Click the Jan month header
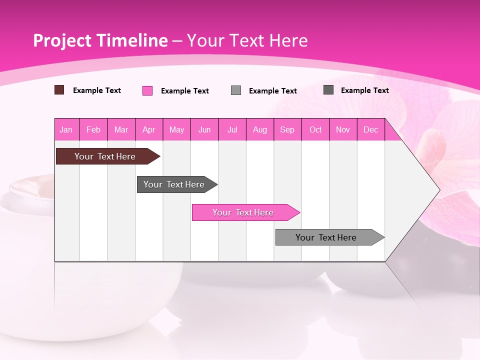pyautogui.click(x=66, y=129)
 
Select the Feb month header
pyautogui.click(x=93, y=129)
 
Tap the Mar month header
pyautogui.click(x=121, y=129)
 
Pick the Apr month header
pyautogui.click(x=149, y=129)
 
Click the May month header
pyautogui.click(x=176, y=129)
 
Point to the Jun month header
pyautogui.click(x=204, y=129)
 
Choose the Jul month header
pyautogui.click(x=232, y=129)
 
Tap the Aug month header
pyautogui.click(x=260, y=129)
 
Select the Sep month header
pyautogui.click(x=287, y=129)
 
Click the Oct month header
pyautogui.click(x=315, y=129)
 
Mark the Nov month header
pyautogui.click(x=343, y=129)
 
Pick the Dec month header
pyautogui.click(x=370, y=129)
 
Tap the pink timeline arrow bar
pyautogui.click(x=244, y=212)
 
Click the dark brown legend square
pyautogui.click(x=59, y=90)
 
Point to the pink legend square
pyautogui.click(x=147, y=90)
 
